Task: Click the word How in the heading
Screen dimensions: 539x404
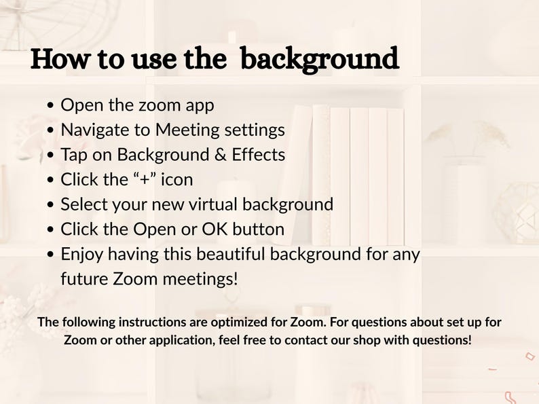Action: [60, 59]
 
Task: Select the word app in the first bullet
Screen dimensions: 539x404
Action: [200, 106]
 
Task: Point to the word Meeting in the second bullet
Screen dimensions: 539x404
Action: [187, 130]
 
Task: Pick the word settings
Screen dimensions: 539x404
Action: [255, 130]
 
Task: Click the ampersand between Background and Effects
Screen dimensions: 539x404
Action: [220, 155]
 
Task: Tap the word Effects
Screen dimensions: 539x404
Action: [259, 154]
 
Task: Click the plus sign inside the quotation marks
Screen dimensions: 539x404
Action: [145, 180]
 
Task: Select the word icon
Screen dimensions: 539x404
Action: [177, 179]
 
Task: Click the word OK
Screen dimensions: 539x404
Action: [215, 229]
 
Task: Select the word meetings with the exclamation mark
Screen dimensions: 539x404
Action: [200, 279]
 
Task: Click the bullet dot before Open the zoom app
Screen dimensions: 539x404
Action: [51, 105]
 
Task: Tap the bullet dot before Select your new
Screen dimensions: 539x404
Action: [51, 205]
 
